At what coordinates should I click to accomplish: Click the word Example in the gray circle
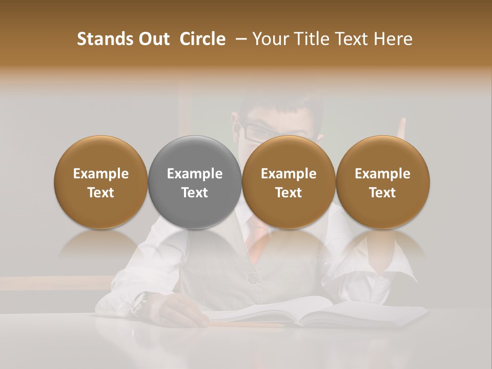tap(195, 174)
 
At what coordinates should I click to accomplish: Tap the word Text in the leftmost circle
tap(100, 193)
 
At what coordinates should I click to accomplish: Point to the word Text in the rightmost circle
tap(383, 193)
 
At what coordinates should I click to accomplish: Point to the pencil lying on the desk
tap(246, 324)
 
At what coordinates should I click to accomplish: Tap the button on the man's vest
tap(252, 278)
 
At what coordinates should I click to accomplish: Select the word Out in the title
tap(153, 39)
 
